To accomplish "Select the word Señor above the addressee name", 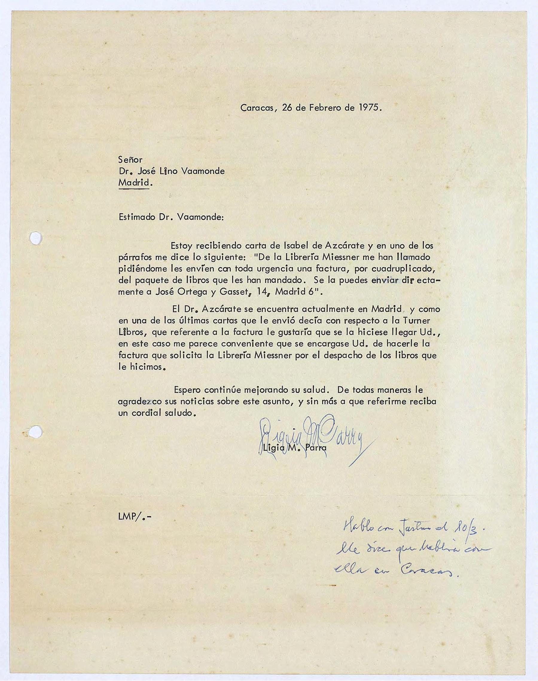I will coord(130,160).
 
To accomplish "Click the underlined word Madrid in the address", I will coord(134,183).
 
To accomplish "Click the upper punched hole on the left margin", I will coord(36,238).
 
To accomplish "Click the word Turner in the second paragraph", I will coord(416,321).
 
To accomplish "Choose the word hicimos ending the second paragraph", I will coord(146,367).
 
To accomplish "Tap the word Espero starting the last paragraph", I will coord(187,390).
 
